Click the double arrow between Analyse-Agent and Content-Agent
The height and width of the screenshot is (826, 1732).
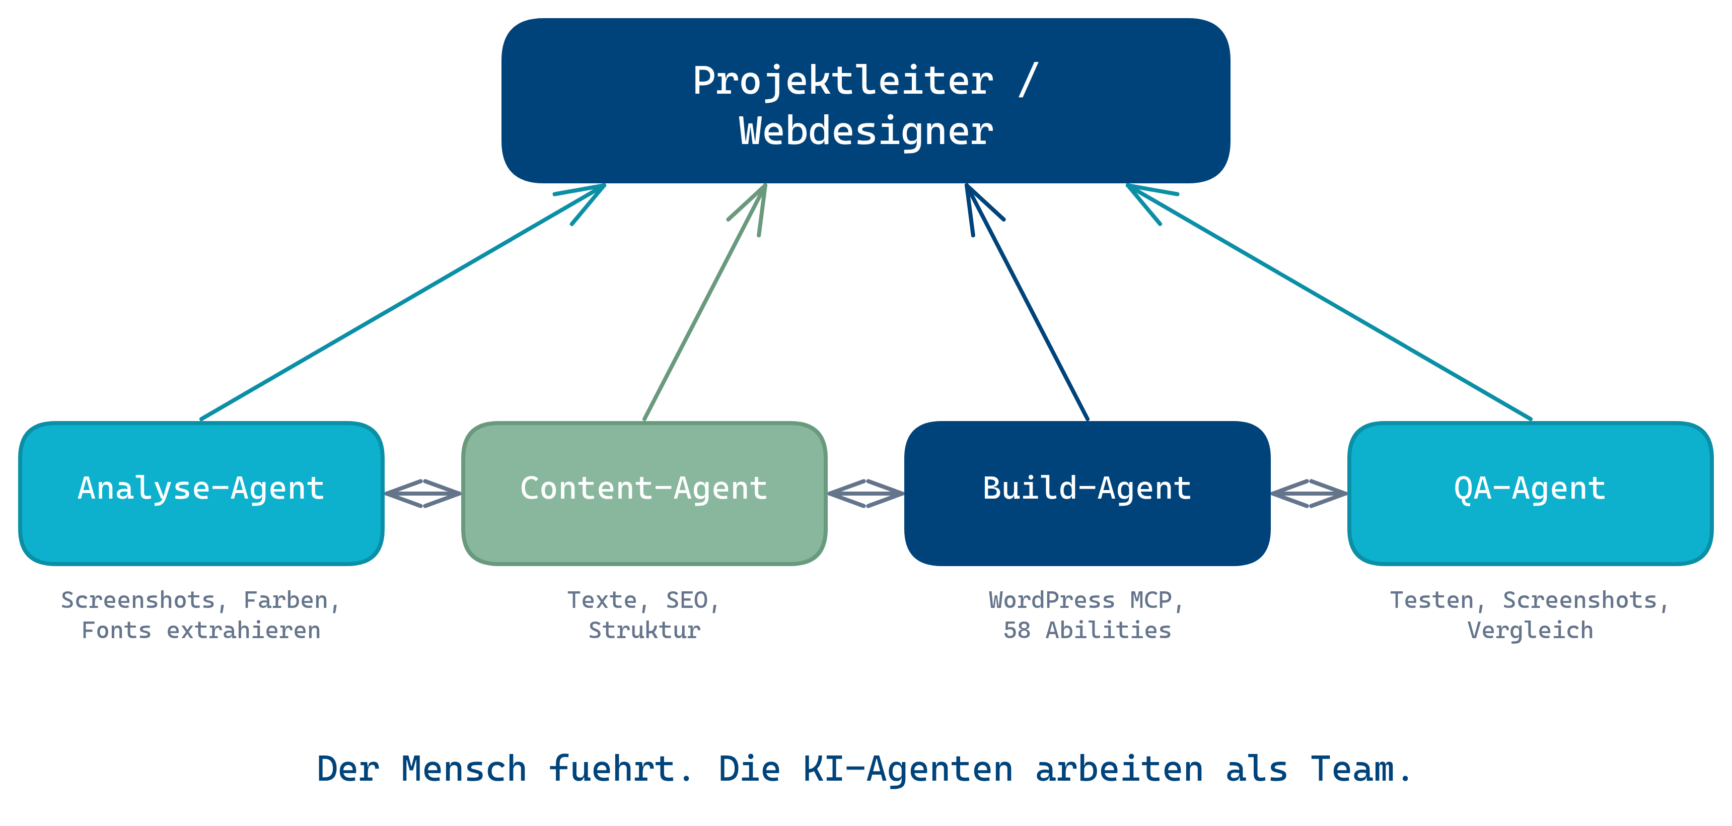(423, 493)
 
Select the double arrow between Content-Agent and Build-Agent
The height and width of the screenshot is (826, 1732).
(865, 493)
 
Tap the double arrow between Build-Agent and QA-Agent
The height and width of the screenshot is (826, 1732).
(1309, 493)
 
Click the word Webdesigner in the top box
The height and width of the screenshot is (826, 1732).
(865, 130)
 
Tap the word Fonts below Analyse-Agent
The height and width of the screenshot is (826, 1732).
(116, 630)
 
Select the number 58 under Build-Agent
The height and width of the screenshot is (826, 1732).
(1016, 630)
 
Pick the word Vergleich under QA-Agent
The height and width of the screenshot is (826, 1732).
(1530, 630)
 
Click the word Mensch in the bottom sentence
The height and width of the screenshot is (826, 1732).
(463, 768)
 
